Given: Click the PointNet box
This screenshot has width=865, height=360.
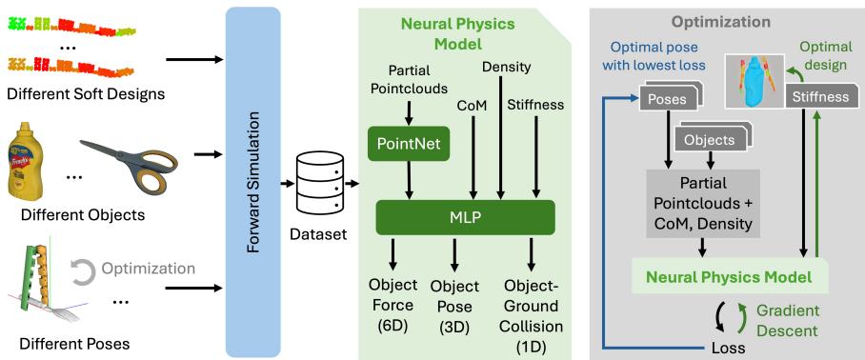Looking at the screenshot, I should [409, 146].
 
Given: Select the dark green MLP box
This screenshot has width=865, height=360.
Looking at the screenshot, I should [466, 216].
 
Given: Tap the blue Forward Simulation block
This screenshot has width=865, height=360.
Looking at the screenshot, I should [253, 181].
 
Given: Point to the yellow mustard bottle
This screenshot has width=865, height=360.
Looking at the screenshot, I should [25, 158].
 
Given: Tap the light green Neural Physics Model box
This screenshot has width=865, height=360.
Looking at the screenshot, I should [729, 277].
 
